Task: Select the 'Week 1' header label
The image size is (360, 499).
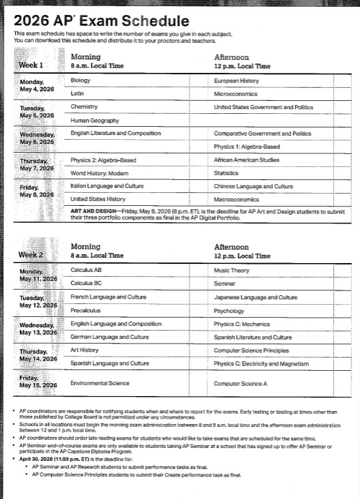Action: [x=31, y=65]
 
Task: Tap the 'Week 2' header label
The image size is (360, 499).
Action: [x=31, y=255]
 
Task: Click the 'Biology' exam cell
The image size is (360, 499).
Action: [x=80, y=80]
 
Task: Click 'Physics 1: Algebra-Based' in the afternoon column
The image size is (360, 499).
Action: [x=246, y=147]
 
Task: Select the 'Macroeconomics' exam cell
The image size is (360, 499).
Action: [x=235, y=199]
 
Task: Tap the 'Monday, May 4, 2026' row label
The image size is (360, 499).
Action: [x=38, y=85]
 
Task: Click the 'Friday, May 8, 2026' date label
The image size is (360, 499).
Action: [x=38, y=191]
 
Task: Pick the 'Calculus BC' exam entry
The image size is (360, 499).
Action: [x=85, y=283]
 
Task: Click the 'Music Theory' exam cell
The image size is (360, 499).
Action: [x=230, y=270]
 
